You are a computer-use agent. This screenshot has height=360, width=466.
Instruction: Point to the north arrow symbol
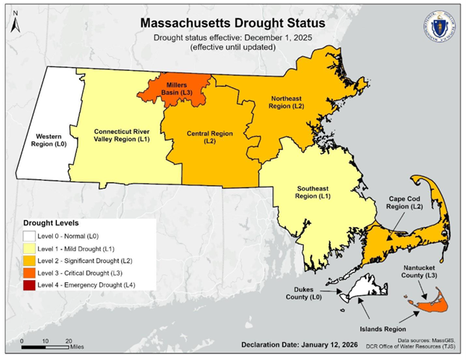click(17, 24)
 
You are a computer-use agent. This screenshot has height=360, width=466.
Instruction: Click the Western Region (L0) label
click(46, 140)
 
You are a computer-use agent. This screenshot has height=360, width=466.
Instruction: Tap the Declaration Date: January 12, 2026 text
click(296, 345)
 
